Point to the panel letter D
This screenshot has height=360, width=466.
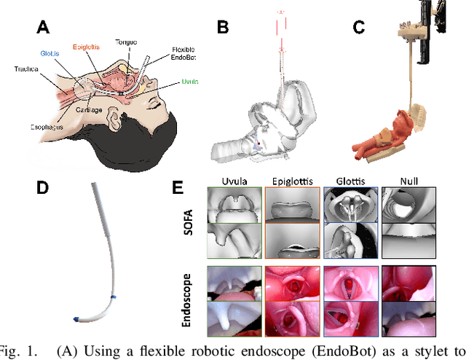click(x=43, y=187)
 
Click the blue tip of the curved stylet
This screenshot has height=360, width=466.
click(x=76, y=320)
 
